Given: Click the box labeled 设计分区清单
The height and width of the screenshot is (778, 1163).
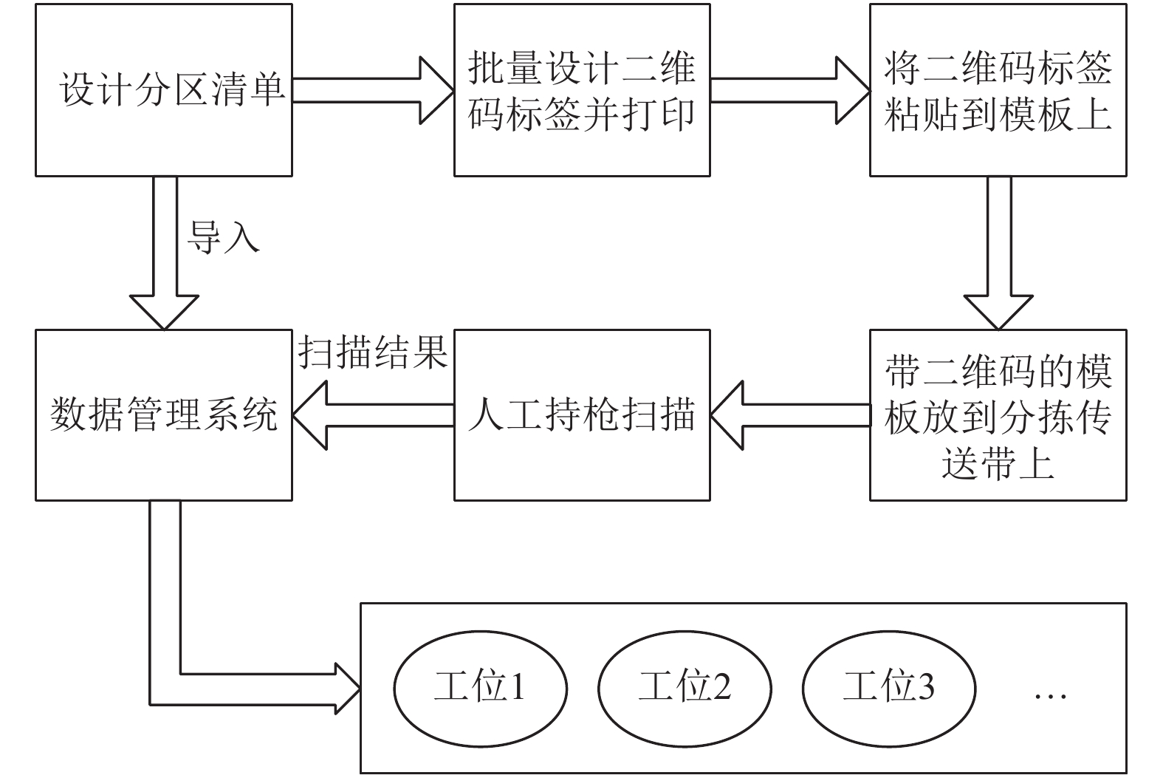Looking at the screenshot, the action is [164, 90].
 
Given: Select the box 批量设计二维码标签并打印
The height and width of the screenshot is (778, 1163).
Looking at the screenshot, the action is [582, 90].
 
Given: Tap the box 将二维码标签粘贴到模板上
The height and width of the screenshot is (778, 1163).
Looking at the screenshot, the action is [998, 90].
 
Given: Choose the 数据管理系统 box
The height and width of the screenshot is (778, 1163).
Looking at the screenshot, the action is [164, 415].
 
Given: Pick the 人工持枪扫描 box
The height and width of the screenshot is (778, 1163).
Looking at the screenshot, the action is [582, 415].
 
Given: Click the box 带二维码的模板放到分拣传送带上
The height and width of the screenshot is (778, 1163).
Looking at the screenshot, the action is [998, 415].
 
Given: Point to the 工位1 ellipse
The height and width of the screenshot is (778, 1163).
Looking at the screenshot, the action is [480, 689].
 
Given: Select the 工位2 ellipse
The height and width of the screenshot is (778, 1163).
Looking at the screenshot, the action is [685, 689].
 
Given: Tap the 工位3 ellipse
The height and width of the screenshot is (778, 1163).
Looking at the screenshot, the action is [889, 689].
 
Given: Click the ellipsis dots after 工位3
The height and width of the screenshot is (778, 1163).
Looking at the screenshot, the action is [1050, 696].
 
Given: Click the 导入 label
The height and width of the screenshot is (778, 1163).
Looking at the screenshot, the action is [223, 237].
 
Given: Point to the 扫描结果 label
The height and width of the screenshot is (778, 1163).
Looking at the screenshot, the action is [373, 352].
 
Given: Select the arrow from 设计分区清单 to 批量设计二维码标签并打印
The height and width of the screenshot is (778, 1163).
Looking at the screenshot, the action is [374, 90].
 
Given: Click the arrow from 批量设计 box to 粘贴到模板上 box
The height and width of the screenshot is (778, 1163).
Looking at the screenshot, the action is [790, 90].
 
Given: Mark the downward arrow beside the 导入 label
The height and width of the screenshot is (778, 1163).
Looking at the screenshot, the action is [165, 253].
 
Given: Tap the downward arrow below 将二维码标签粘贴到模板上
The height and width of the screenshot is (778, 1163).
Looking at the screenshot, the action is [998, 253].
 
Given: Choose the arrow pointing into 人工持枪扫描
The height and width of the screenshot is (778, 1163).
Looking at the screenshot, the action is [791, 415].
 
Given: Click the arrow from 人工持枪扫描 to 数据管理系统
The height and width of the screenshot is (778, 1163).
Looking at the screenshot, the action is [374, 415].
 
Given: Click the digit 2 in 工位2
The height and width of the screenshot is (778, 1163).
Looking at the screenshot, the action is [721, 686].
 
